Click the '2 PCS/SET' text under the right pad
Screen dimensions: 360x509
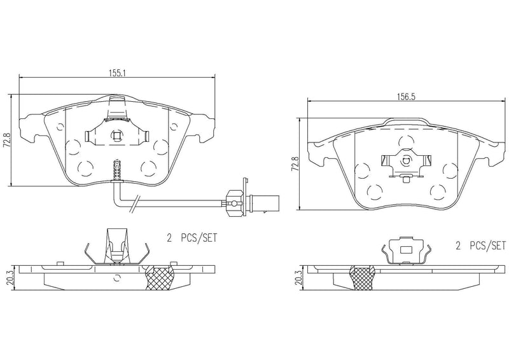(480, 244)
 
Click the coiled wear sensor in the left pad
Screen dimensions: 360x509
(116, 170)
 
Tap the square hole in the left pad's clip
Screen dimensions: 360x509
(116, 134)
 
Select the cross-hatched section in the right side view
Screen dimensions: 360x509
(365, 279)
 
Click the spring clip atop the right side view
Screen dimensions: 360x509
(405, 250)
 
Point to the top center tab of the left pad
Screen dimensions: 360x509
(117, 102)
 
